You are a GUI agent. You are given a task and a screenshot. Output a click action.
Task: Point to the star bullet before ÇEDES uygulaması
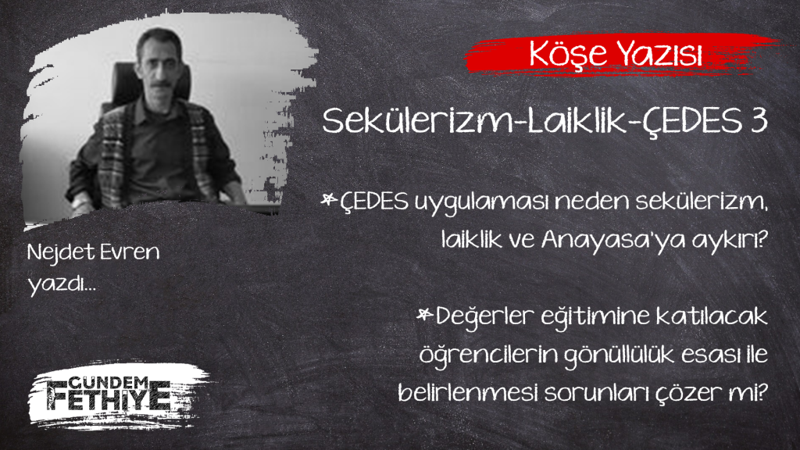coord(329,199)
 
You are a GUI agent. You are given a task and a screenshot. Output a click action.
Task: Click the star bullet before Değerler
coord(424,314)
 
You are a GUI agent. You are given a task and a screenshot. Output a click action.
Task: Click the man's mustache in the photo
coord(161,83)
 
